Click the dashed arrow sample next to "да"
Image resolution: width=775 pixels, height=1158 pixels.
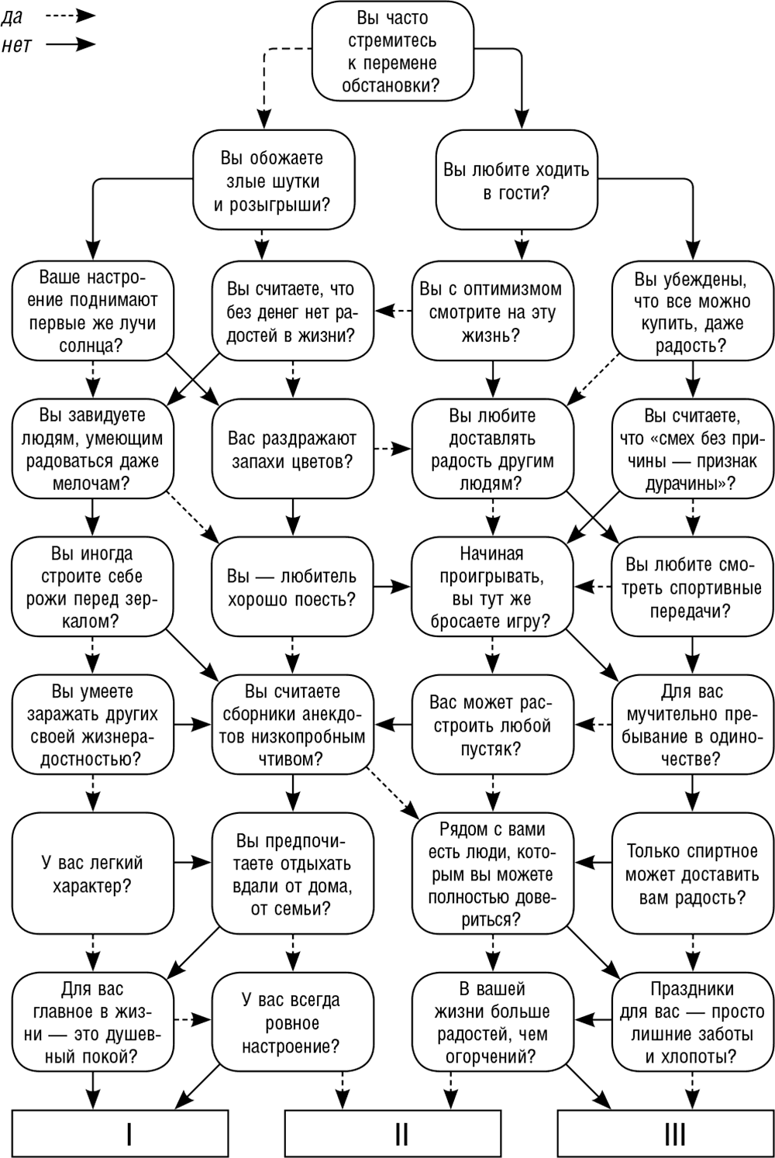click(71, 16)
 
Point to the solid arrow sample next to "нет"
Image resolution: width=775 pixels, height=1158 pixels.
click(71, 45)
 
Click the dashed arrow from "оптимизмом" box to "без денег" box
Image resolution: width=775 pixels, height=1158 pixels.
click(394, 312)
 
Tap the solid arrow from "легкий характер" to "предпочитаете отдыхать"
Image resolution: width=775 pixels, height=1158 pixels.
click(192, 862)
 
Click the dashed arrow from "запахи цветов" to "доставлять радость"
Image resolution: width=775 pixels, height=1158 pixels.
click(393, 449)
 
